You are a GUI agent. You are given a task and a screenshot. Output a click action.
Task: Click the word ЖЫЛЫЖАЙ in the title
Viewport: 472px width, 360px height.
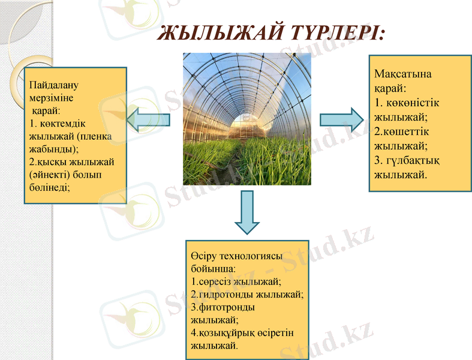click(217, 33)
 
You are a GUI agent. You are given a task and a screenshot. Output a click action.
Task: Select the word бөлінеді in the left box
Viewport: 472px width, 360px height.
click(49, 187)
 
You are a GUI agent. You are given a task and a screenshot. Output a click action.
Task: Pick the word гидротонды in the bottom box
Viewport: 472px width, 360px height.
click(227, 294)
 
